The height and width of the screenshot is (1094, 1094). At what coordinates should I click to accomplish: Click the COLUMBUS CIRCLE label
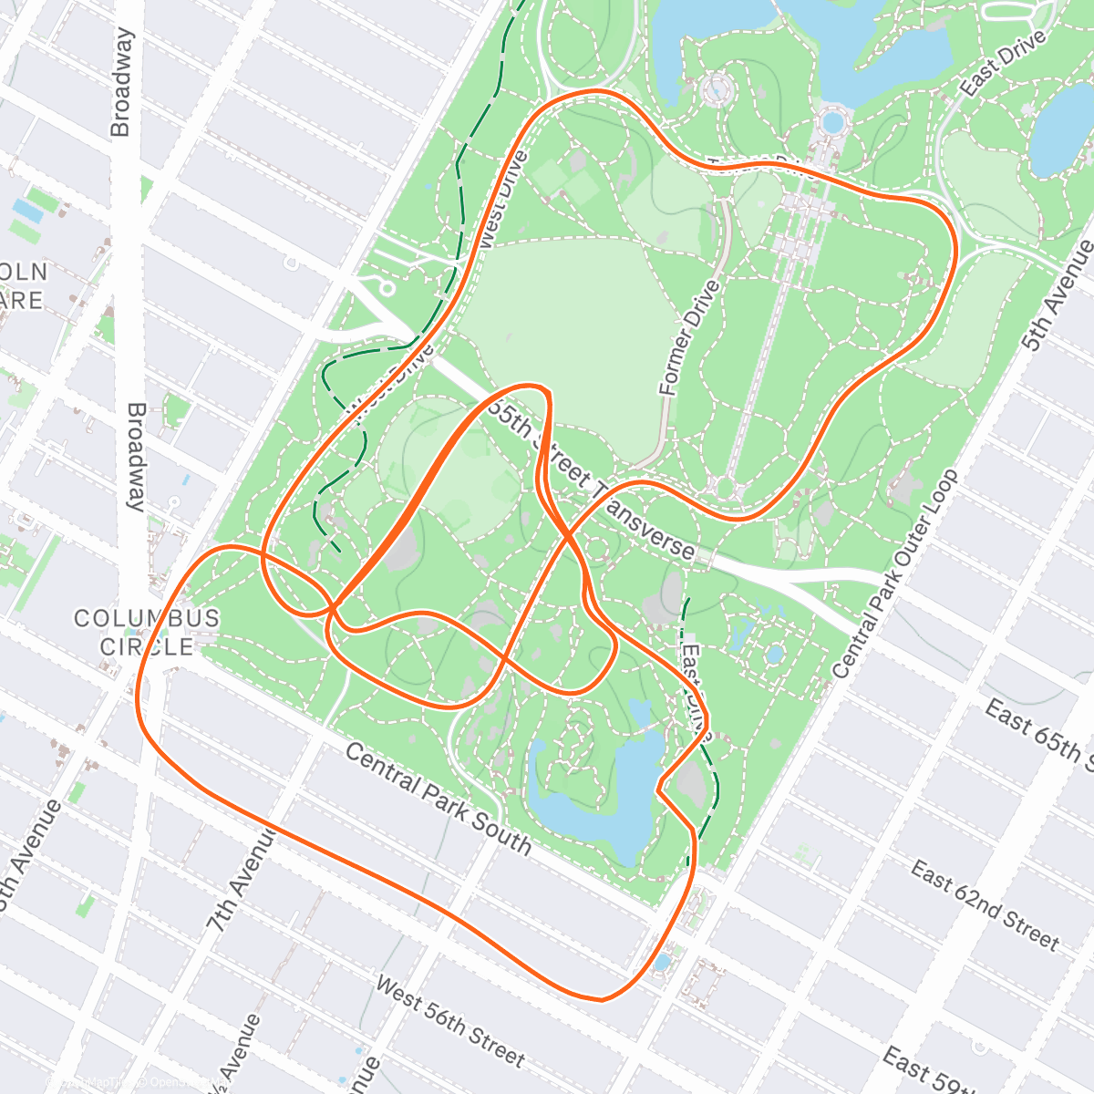click(147, 632)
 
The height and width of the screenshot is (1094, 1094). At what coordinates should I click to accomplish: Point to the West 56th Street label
click(449, 1022)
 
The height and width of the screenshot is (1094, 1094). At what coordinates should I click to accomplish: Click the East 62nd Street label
click(985, 904)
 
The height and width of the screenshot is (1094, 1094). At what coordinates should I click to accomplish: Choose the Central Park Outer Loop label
click(895, 574)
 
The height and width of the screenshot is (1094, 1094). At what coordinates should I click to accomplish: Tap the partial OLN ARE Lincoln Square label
click(23, 285)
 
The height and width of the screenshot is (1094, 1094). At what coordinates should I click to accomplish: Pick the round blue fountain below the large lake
click(832, 121)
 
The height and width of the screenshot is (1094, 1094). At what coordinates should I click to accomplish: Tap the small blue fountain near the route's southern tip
click(663, 962)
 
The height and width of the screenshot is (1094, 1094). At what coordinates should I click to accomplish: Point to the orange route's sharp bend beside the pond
click(658, 789)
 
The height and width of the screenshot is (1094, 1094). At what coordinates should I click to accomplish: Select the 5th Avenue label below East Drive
click(1058, 296)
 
